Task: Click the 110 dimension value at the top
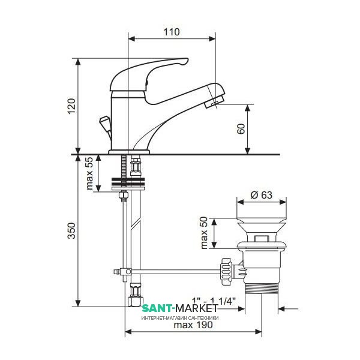click(172, 32)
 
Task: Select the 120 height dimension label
click(71, 106)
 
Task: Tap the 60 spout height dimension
click(241, 129)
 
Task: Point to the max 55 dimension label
click(89, 173)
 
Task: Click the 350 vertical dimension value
click(71, 230)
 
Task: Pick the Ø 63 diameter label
click(262, 195)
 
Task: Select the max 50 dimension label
click(204, 233)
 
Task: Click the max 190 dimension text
click(193, 325)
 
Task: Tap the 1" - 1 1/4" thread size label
click(214, 301)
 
